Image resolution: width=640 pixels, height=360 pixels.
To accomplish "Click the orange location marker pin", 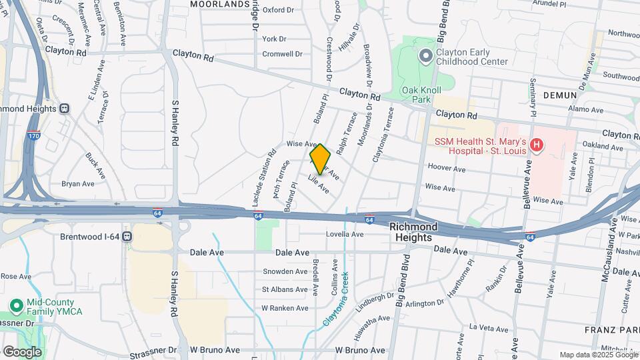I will pyautogui.click(x=320, y=159).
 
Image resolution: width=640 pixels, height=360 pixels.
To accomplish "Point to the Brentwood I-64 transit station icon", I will pyautogui.click(x=126, y=237).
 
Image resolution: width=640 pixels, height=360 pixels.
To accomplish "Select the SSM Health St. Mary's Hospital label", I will pyautogui.click(x=481, y=145).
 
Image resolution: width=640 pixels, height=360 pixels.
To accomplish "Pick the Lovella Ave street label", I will pyautogui.click(x=345, y=235).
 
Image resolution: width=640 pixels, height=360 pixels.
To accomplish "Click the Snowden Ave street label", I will pyautogui.click(x=285, y=271).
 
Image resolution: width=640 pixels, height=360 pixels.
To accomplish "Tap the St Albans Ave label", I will pyautogui.click(x=285, y=289).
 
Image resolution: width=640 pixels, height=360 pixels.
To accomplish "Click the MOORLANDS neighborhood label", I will pyautogui.click(x=219, y=4).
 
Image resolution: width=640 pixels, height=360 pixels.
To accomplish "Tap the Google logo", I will pyautogui.click(x=22, y=352).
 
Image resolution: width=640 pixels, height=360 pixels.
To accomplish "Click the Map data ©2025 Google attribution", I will pyautogui.click(x=597, y=355).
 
